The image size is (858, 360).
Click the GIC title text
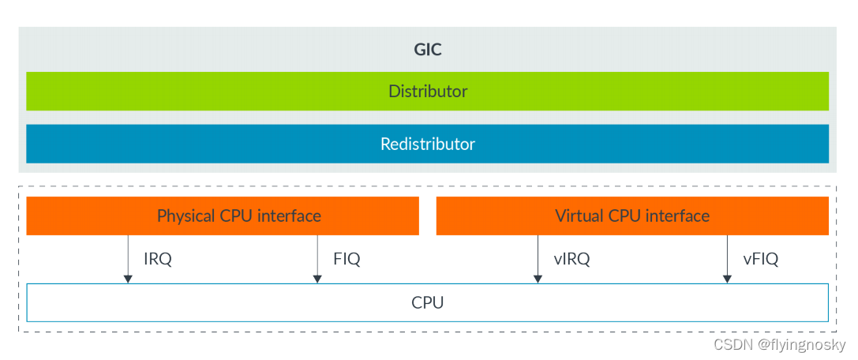(428, 50)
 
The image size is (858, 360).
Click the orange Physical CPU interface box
(95, 216)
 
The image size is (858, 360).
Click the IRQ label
(158, 259)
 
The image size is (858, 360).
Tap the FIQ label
(347, 259)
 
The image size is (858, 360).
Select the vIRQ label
(572, 259)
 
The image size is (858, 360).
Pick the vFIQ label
(761, 259)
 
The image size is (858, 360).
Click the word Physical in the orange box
(186, 216)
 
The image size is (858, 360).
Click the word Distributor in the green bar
(428, 92)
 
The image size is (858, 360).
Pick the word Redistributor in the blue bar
(428, 144)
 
